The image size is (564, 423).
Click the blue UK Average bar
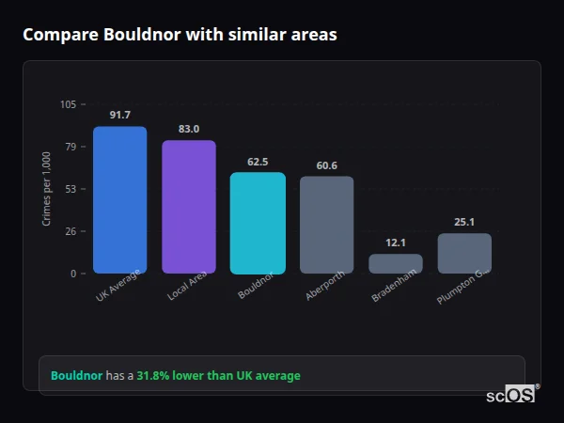119,200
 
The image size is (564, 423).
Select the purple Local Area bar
189,207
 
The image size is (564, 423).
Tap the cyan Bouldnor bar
258,223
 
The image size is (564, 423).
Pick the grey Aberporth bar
326,225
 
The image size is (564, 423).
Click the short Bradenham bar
396,264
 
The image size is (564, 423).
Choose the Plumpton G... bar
464,254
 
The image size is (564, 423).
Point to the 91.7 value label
119,115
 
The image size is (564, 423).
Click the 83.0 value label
189,129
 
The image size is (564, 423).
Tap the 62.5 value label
258,162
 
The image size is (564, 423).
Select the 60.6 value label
326,165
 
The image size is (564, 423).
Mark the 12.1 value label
396,243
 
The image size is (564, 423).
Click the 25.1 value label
464,223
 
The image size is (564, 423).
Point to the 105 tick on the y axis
68,104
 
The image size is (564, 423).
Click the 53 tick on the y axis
70,189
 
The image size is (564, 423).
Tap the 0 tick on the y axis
73,274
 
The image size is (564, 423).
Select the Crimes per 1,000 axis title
46,188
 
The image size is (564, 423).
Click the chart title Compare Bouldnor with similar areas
180,35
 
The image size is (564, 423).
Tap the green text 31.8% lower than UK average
218,376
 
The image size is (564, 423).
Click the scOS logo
511,396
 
